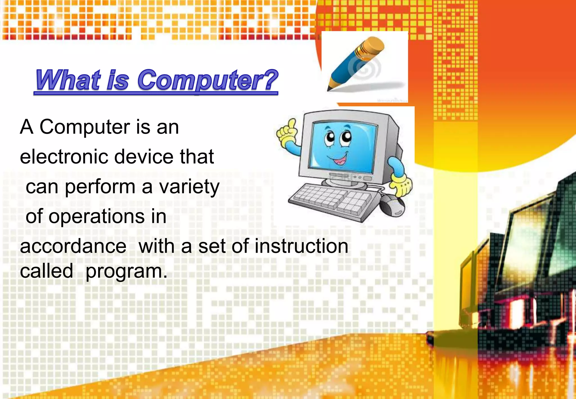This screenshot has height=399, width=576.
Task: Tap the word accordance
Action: click(x=73, y=246)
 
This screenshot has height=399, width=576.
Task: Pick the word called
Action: click(x=46, y=271)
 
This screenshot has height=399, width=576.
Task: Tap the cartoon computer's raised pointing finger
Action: click(x=293, y=124)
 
